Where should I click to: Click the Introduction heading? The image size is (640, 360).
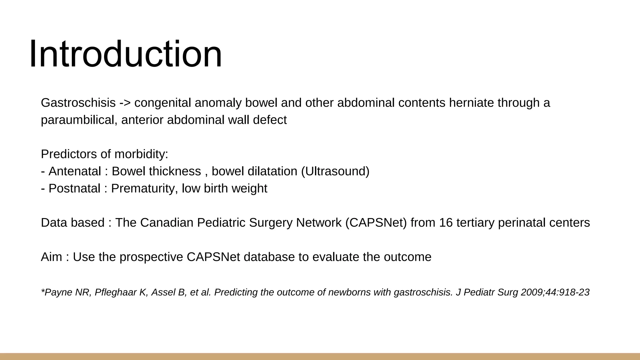click(126, 54)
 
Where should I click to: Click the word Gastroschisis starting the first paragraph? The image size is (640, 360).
click(78, 103)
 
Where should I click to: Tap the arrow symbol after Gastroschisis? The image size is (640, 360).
click(125, 103)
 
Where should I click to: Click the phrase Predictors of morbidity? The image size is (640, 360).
click(104, 154)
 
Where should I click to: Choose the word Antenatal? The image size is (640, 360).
click(75, 171)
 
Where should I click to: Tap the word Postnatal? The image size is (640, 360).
click(74, 188)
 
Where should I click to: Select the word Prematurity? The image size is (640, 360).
click(144, 188)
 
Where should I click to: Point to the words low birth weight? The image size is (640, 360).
click(224, 188)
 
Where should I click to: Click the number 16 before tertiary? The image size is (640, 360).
click(446, 223)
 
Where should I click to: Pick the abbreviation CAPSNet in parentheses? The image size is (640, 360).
click(376, 223)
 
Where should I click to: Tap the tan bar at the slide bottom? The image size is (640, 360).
click(320, 357)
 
